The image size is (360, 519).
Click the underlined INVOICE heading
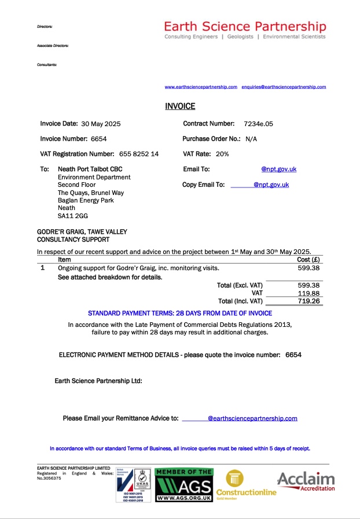point(180,106)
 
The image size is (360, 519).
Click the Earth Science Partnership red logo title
point(245,27)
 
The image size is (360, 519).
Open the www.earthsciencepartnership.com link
point(201,87)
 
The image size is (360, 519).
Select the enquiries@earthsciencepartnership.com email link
point(284,87)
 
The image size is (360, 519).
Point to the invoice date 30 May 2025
point(101,124)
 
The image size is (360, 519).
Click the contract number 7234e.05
point(258,124)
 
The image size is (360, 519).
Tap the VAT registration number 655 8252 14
point(139,154)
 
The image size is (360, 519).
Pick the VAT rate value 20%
point(222,154)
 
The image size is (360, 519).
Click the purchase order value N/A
point(251,139)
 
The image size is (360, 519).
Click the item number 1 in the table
point(42,268)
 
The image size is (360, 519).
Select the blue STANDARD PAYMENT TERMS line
point(180,313)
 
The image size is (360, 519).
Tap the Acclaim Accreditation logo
point(306,481)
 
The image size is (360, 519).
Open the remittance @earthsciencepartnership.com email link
point(252,418)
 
